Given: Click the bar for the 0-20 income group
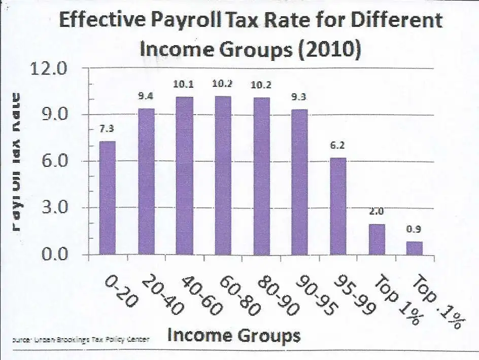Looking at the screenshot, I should pos(108,198).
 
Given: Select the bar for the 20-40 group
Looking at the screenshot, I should pos(146,181).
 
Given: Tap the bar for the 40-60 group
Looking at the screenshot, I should pos(185,175).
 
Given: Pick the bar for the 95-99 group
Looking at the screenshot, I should pos(338,206).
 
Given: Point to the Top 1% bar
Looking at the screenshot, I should pos(377,239).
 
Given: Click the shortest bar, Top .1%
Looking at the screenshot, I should pos(414,248).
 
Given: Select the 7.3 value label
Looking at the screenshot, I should pos(107,130).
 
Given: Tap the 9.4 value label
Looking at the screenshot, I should pos(146,96).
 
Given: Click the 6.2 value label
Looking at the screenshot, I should pos(338,146).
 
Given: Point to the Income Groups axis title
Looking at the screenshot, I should pos(233,335).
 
